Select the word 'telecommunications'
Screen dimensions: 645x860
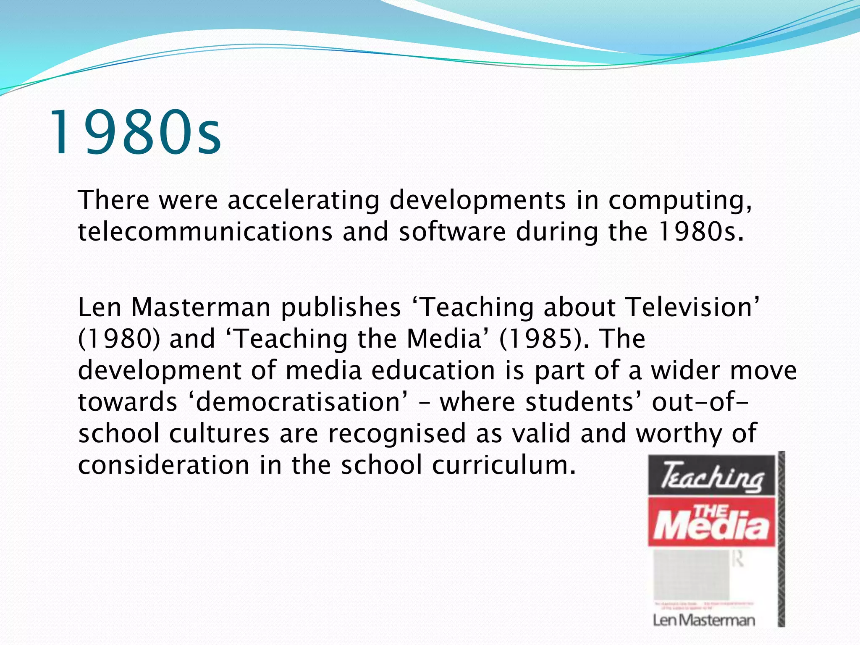coord(205,232)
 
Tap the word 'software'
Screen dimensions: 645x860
coord(452,232)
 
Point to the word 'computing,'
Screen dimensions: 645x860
coord(680,201)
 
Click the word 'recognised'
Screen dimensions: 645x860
coord(397,433)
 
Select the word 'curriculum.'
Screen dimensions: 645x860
coord(504,465)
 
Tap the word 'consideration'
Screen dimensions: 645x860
coord(164,465)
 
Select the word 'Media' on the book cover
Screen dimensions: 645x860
coord(712,527)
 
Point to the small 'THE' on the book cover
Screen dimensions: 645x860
coord(711,511)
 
